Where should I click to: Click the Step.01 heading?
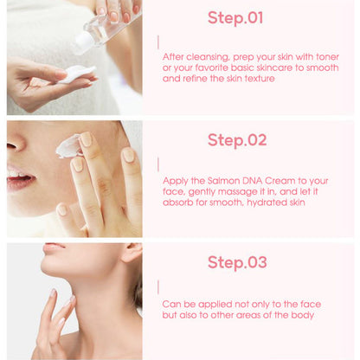click(x=235, y=17)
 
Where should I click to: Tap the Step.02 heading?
click(x=236, y=139)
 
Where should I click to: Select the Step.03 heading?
click(x=236, y=262)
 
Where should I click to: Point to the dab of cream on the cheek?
click(x=67, y=146)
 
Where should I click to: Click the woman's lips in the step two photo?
click(x=19, y=181)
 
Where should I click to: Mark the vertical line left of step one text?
click(x=157, y=42)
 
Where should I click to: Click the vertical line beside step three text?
click(x=157, y=286)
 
